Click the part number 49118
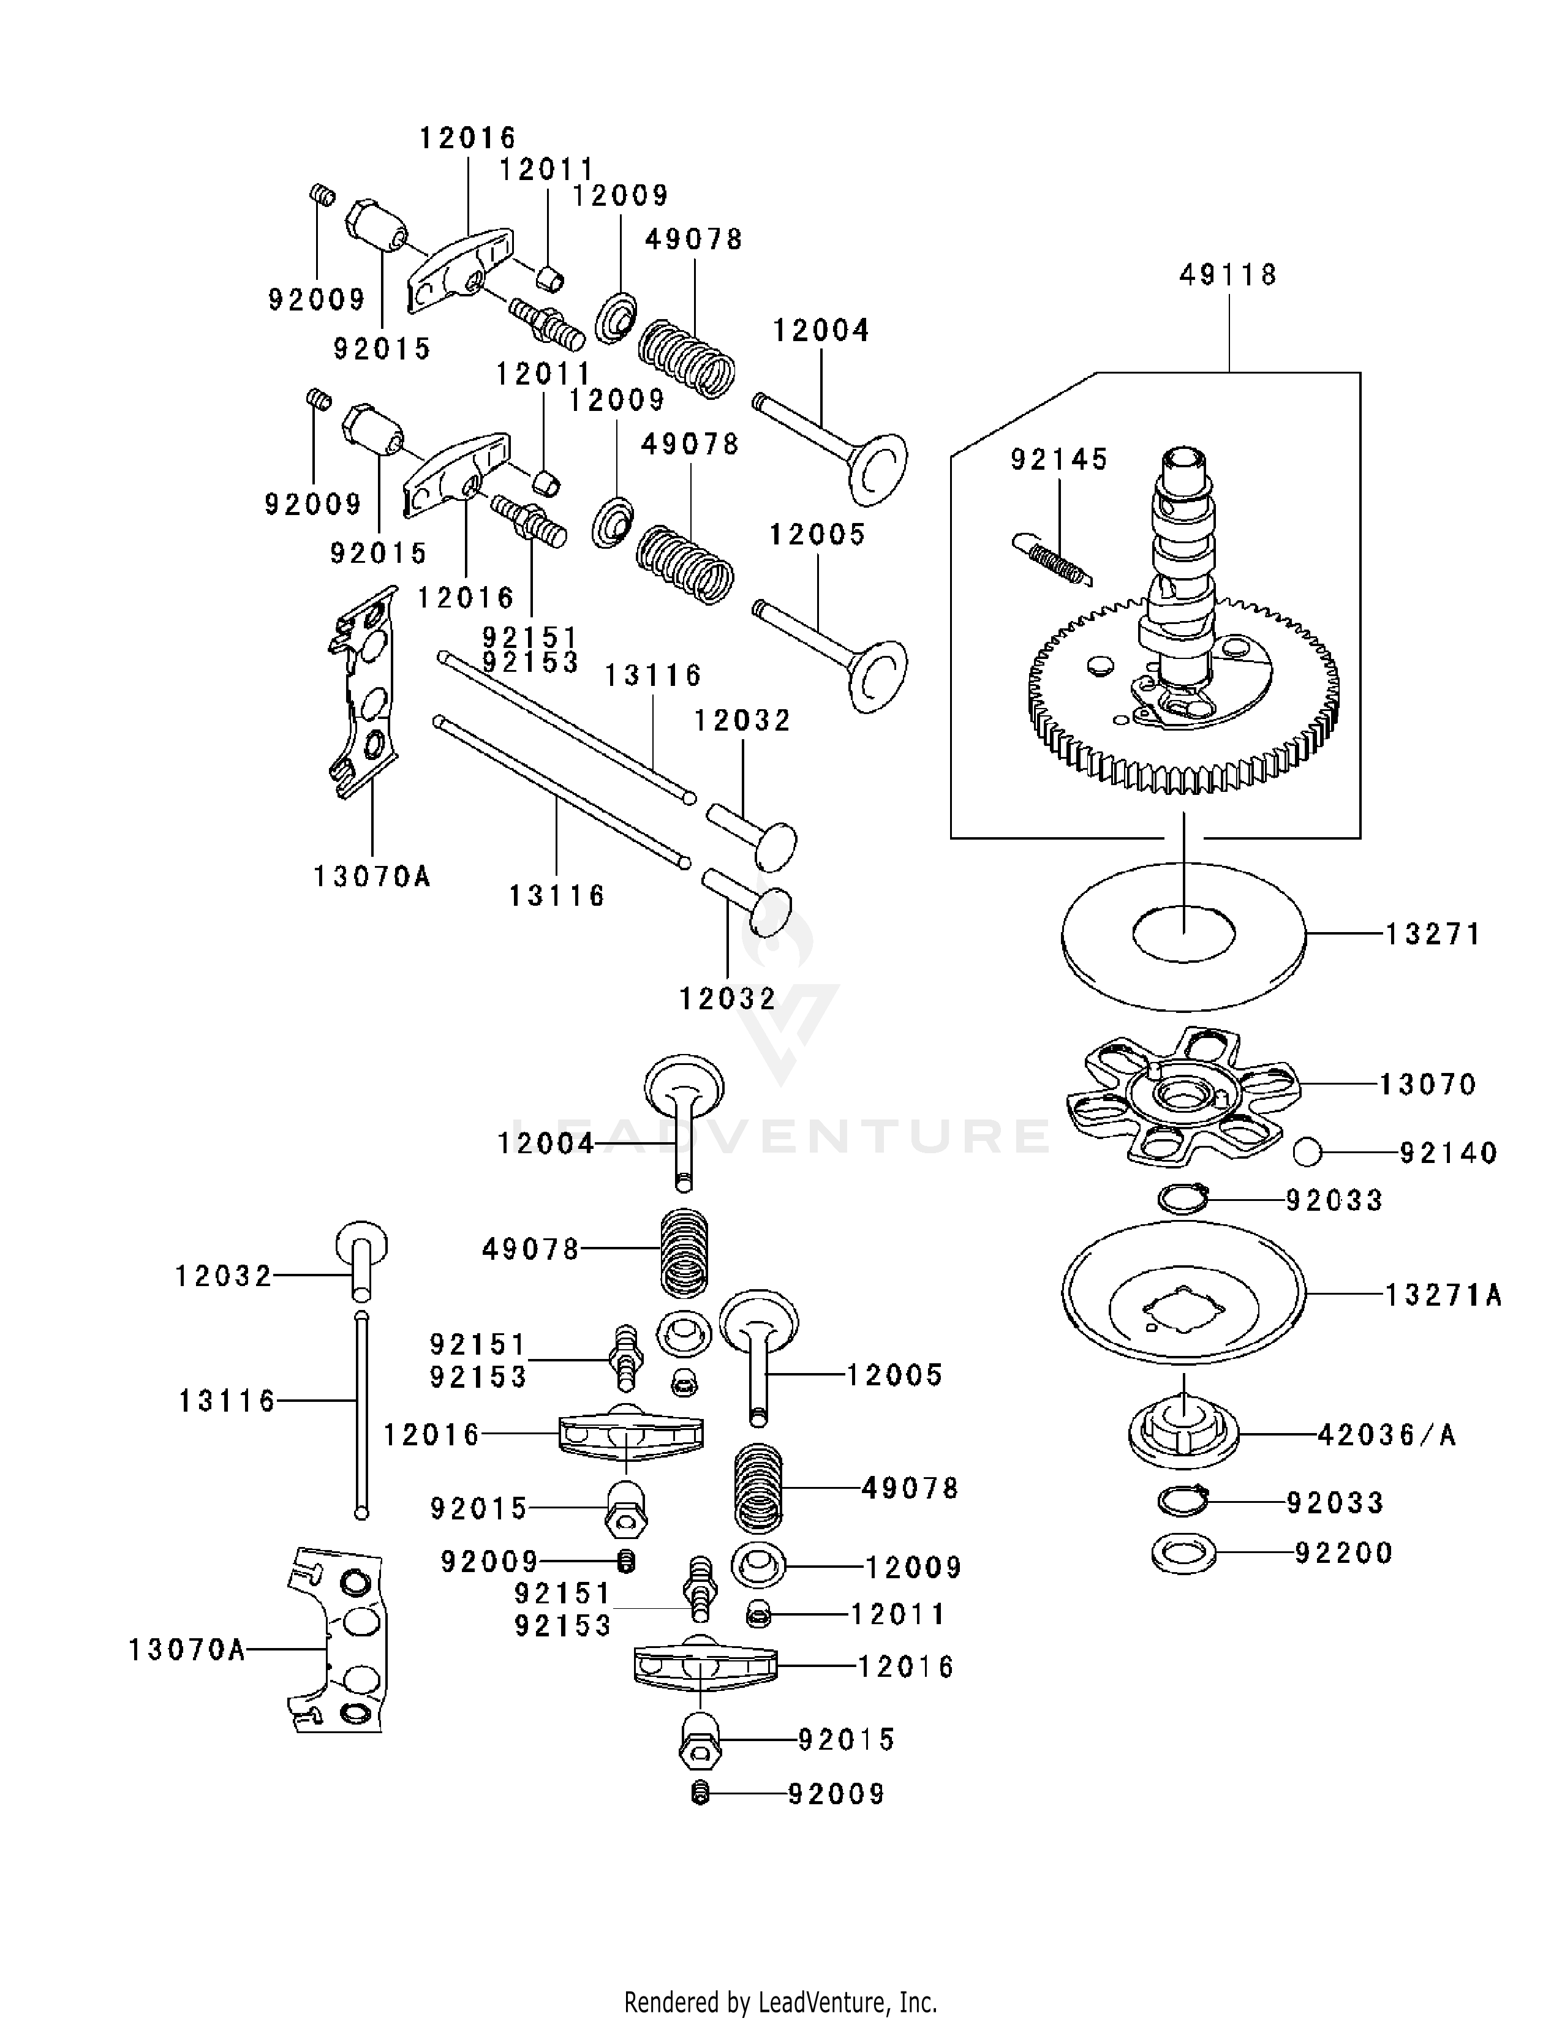(1228, 275)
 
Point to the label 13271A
(1443, 1295)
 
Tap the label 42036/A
(1386, 1436)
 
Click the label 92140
(1448, 1153)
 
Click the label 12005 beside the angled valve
(817, 535)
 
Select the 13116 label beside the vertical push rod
(227, 1401)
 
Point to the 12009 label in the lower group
(913, 1568)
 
